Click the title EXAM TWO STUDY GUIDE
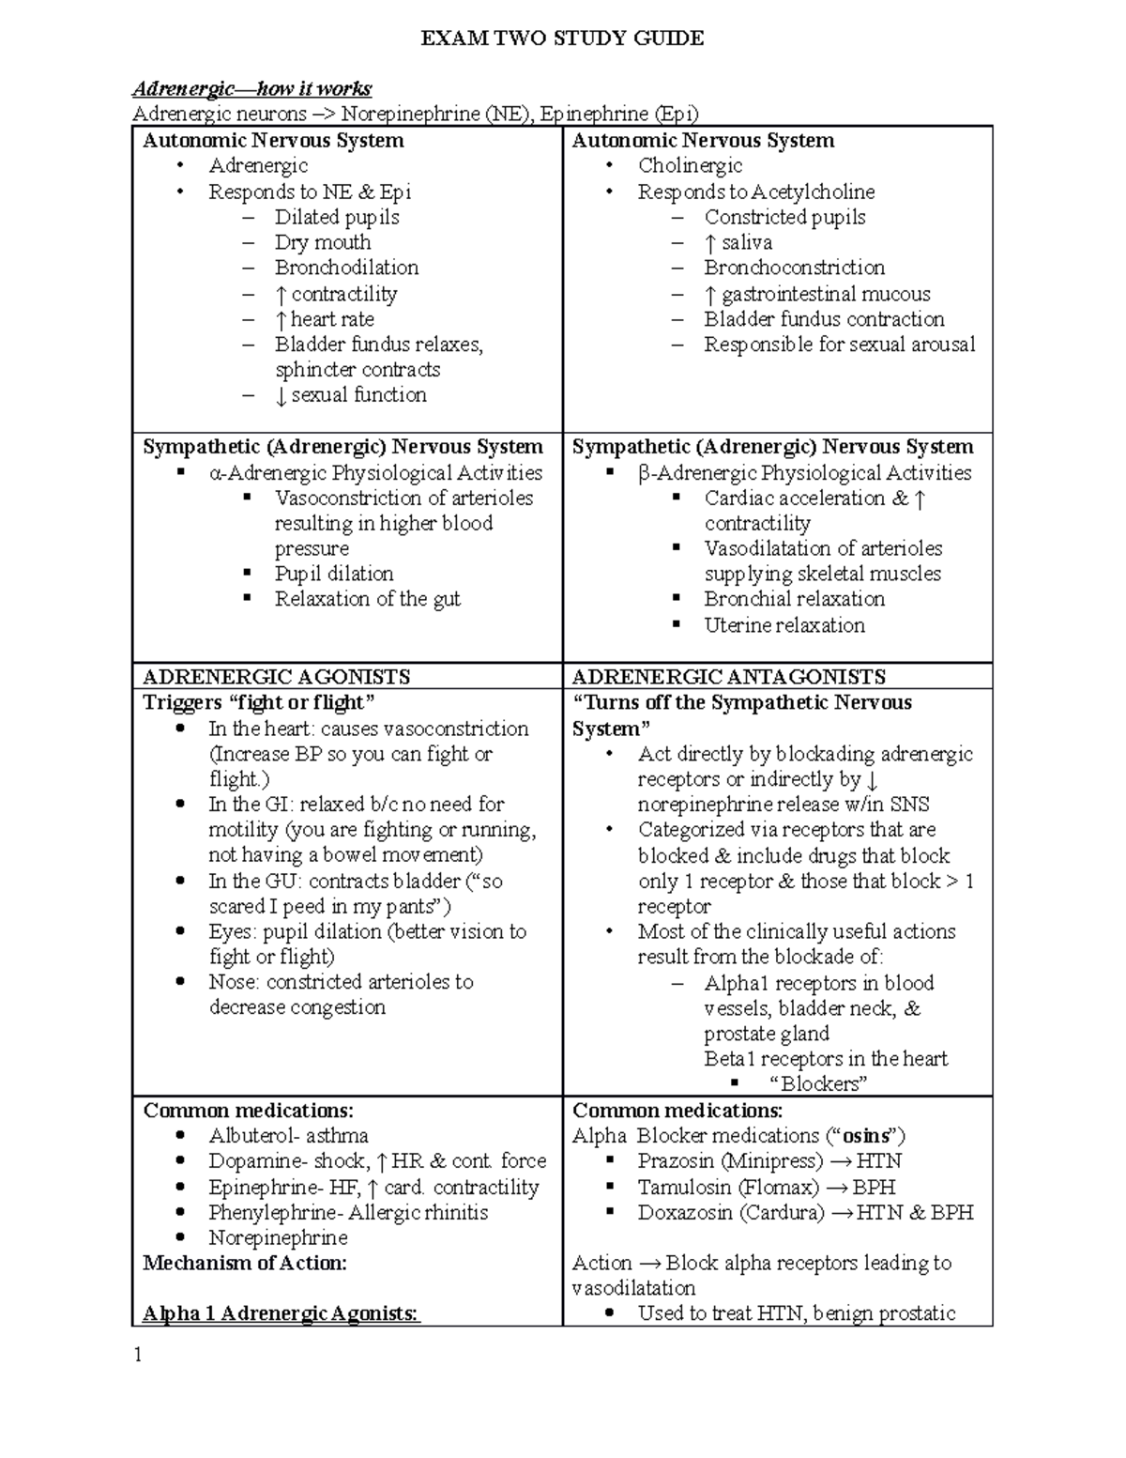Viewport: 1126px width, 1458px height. [x=562, y=38]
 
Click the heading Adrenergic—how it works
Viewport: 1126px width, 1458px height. [x=251, y=89]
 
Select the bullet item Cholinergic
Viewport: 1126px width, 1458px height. [x=690, y=166]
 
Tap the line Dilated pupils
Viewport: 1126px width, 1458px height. [x=336, y=217]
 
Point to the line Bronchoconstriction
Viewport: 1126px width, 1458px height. [x=794, y=268]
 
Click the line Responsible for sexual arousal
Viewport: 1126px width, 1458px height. [x=839, y=345]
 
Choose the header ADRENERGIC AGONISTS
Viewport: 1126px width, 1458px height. [x=276, y=677]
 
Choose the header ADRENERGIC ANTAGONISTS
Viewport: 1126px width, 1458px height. [x=728, y=677]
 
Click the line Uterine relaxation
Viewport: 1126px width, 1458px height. [x=784, y=625]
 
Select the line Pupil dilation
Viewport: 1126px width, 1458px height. [x=333, y=574]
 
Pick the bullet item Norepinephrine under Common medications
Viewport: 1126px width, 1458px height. [x=278, y=1238]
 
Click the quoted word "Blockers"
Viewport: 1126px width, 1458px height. [x=817, y=1084]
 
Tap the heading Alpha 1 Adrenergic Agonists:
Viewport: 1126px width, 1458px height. [x=281, y=1314]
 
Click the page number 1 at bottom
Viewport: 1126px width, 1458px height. [x=138, y=1355]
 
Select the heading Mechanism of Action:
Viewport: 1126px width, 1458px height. [x=245, y=1264]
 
